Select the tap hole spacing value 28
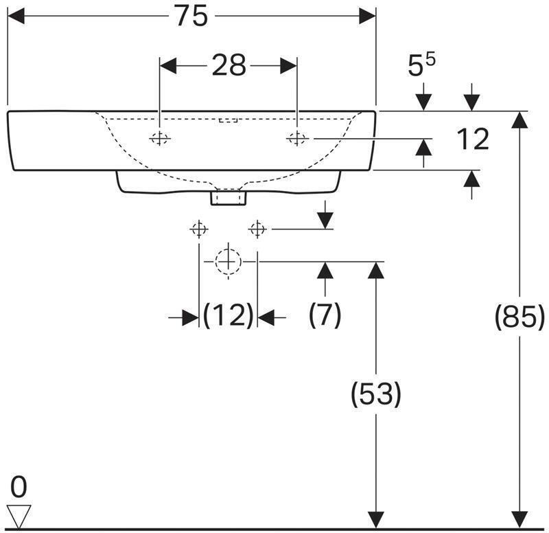(x=228, y=66)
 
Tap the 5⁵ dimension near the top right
(x=421, y=66)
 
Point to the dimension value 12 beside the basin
(x=472, y=139)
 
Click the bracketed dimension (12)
(x=228, y=316)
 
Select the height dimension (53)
(x=375, y=394)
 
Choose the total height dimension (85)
(x=519, y=317)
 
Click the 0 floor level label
(x=19, y=488)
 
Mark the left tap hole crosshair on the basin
(x=159, y=139)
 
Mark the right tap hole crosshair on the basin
(x=296, y=139)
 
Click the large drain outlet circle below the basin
(x=227, y=261)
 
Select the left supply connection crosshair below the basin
(x=198, y=228)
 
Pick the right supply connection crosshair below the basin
(x=257, y=228)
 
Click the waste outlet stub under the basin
(x=228, y=198)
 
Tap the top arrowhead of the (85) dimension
(x=519, y=119)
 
